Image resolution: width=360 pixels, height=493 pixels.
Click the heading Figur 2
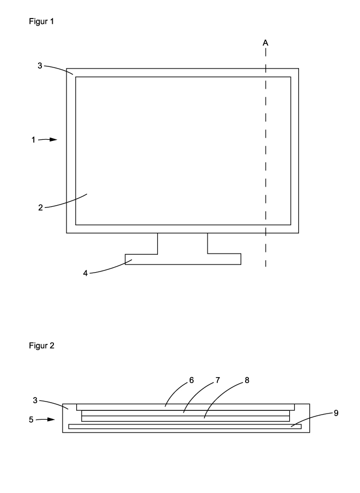(x=41, y=346)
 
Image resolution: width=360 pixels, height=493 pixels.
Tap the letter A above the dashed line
(x=265, y=42)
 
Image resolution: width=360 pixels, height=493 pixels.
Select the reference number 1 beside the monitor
(x=33, y=140)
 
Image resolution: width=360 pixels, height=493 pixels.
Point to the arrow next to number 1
(x=49, y=140)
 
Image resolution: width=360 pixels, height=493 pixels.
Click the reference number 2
(x=40, y=208)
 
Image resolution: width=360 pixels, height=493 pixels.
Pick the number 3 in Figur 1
(x=40, y=65)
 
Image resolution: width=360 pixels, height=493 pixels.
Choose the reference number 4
(x=86, y=273)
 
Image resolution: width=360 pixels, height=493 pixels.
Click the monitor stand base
(x=183, y=260)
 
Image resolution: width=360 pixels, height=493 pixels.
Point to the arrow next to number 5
(x=48, y=420)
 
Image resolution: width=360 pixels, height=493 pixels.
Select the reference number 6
(x=191, y=381)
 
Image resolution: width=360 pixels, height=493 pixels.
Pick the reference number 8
(x=247, y=381)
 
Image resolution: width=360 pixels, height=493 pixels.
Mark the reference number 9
(x=336, y=413)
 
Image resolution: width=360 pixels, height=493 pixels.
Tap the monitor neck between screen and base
(x=182, y=243)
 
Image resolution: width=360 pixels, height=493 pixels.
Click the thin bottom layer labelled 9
(x=185, y=427)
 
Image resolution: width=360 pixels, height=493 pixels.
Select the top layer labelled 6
(x=185, y=407)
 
